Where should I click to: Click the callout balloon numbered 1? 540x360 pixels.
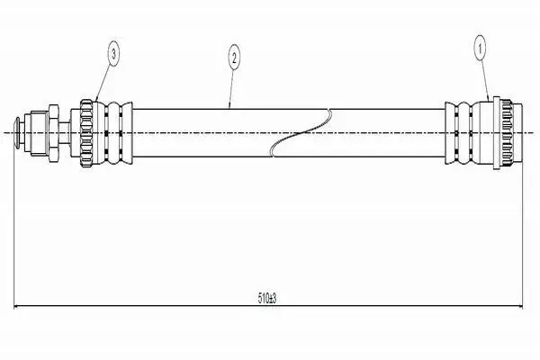[480, 49]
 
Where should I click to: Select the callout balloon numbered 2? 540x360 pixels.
[234, 58]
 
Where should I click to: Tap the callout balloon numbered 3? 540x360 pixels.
[114, 53]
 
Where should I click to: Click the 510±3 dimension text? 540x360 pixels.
[267, 298]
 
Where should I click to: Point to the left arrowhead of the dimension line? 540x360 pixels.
[16, 306]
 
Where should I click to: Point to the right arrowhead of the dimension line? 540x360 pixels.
[519, 306]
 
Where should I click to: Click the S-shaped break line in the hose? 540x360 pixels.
[301, 133]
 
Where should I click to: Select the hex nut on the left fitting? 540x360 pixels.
[54, 133]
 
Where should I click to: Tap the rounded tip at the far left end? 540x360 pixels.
[17, 133]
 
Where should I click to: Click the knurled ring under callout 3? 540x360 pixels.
[86, 133]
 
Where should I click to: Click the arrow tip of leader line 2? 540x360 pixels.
[230, 108]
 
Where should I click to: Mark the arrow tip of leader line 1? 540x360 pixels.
[489, 100]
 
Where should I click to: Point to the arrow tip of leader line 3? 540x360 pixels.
[95, 101]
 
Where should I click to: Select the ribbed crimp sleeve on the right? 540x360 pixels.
[459, 133]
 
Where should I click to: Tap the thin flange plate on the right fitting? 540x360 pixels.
[497, 133]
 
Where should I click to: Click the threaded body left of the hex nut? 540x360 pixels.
[40, 133]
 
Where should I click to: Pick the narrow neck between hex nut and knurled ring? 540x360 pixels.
[65, 133]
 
